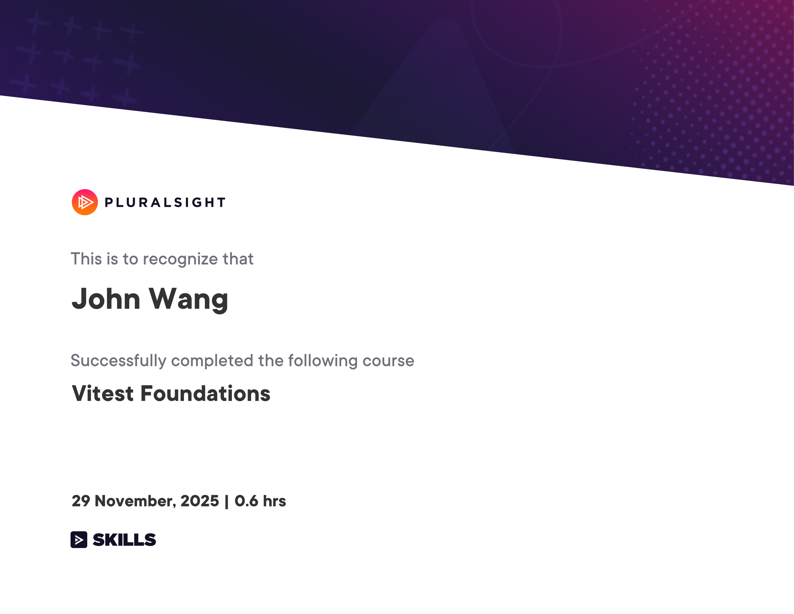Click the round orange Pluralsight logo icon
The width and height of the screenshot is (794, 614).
[x=85, y=202]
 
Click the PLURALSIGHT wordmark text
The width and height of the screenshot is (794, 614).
[x=165, y=203]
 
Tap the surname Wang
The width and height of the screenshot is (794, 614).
[x=188, y=299]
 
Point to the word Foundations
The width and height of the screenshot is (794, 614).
[x=205, y=394]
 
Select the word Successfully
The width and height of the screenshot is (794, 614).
[x=118, y=361]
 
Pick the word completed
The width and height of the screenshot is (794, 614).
[x=212, y=361]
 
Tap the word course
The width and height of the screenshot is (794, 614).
[x=388, y=361]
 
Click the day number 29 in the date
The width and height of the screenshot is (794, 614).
[x=81, y=501]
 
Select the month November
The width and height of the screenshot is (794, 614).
[x=135, y=501]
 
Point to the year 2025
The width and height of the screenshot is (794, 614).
[x=200, y=501]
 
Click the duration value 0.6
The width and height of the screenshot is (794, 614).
[x=246, y=501]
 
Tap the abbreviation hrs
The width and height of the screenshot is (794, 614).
[x=274, y=501]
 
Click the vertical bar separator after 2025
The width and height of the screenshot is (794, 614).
[x=227, y=501]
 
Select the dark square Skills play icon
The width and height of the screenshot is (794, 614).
[x=79, y=539]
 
